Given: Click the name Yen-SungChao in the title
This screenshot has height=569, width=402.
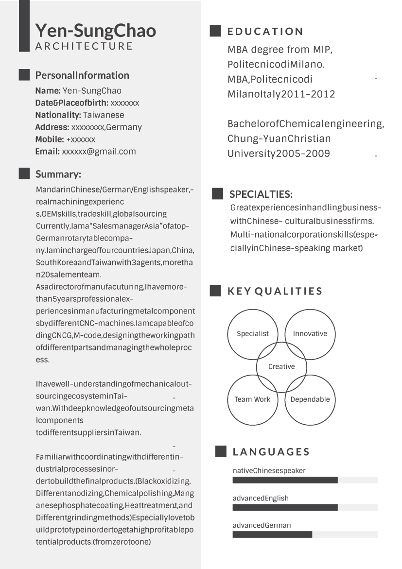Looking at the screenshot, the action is coord(95,31).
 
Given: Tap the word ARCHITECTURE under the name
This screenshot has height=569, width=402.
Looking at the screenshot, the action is coord(84,46).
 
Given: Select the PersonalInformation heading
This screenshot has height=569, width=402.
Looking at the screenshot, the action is coord(82,75).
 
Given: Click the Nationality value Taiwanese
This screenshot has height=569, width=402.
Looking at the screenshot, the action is coord(104,115).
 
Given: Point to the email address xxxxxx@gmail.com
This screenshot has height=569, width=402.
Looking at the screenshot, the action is coord(99,152).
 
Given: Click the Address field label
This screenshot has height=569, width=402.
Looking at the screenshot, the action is coord(52,127).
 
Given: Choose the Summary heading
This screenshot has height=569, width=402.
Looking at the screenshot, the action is coord(58,174).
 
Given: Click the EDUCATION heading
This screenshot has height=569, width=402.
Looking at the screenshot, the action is coord(265,32).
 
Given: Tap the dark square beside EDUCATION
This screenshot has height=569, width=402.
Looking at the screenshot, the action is coord(215,31).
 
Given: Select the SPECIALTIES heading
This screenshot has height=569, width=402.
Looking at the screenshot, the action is coord(261,195).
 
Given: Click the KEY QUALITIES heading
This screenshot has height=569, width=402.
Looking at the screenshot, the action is coord(275,292).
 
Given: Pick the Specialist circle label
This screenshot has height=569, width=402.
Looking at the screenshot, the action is coord(253,334).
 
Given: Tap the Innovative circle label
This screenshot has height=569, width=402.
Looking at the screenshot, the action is coord(310,334).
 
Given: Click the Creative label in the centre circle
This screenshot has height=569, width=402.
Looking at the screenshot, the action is coord(281,367).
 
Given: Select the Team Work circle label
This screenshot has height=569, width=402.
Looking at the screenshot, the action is coord(252,399).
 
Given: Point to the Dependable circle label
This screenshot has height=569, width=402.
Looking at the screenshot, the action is coord(310,399).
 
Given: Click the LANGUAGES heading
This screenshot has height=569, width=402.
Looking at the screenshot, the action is coord(271,452).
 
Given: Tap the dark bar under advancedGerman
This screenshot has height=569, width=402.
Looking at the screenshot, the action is coord(272,535).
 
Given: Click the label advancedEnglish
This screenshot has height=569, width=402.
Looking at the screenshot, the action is coord(261,498).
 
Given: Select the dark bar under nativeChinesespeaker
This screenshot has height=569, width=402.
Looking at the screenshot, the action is coord(285,480).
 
